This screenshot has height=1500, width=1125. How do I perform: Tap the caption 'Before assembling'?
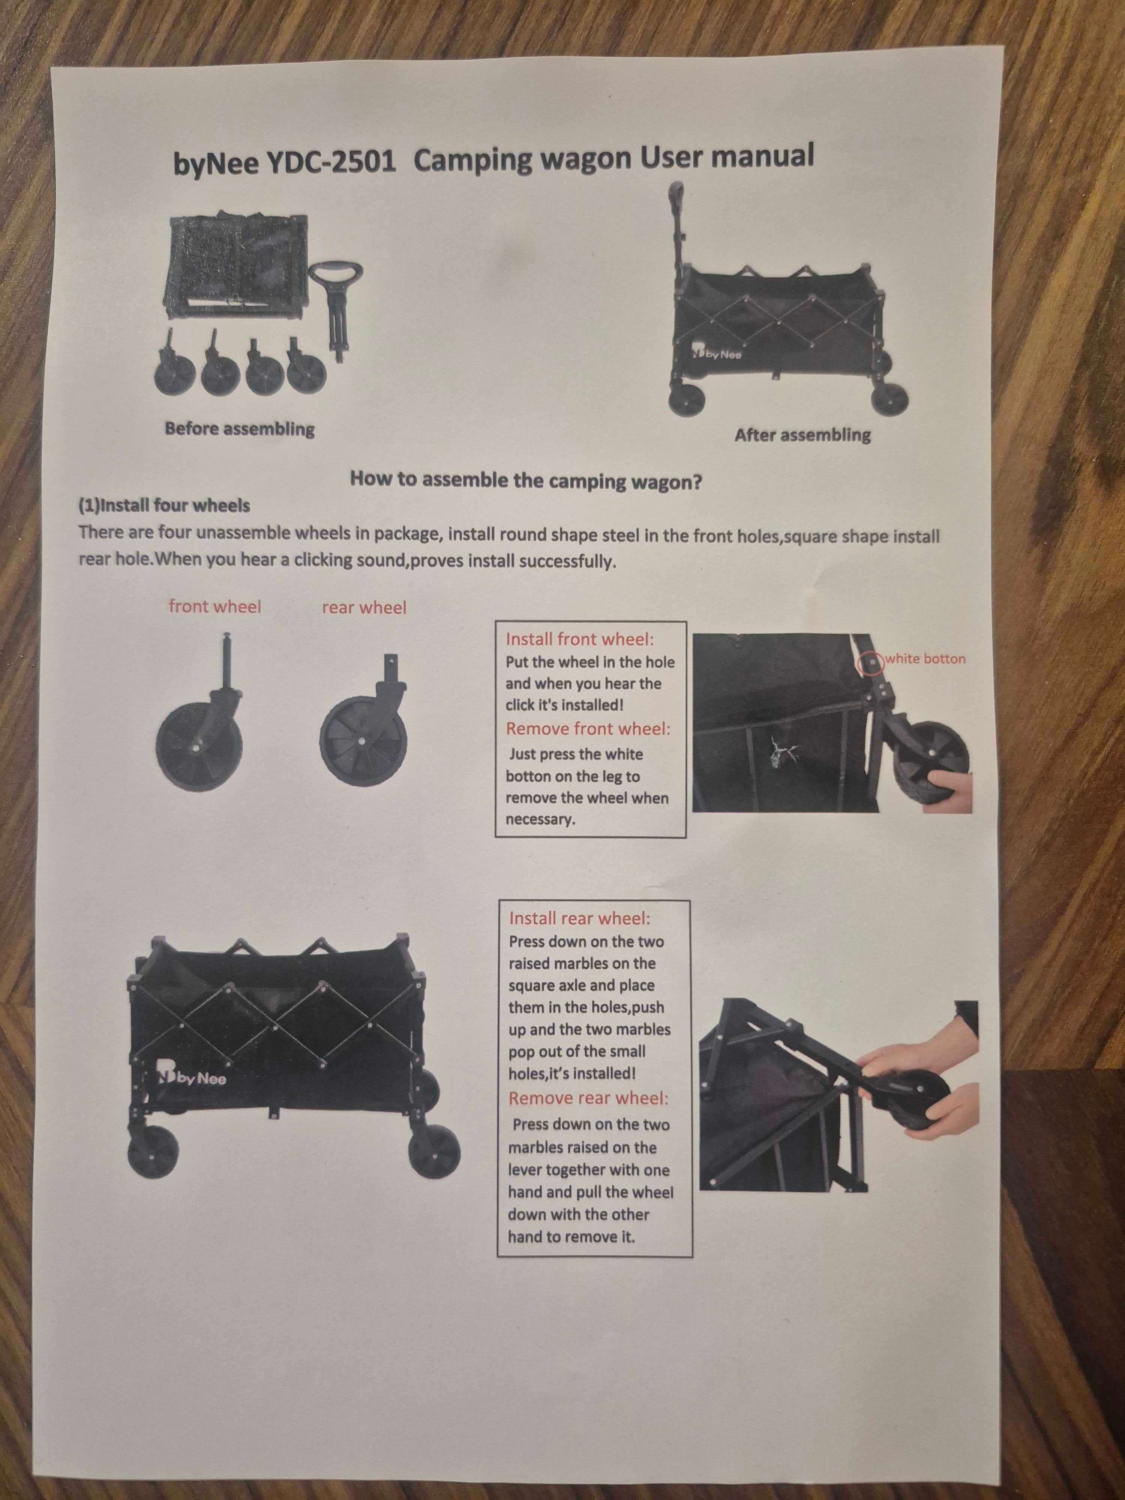(239, 429)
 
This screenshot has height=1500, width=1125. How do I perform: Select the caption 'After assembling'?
(802, 435)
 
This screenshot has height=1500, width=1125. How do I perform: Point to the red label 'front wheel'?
(214, 606)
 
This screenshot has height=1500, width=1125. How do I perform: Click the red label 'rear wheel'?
(364, 607)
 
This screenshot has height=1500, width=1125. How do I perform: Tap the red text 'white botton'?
(925, 658)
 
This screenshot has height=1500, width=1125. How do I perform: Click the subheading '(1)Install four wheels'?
(164, 506)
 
